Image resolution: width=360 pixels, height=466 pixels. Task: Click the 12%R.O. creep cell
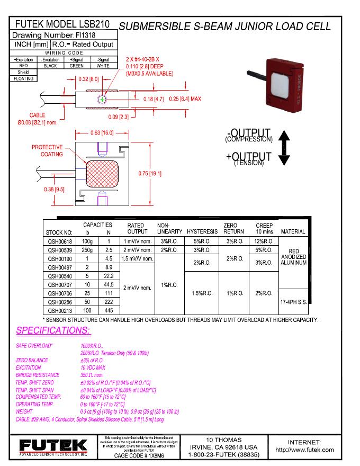(264, 241)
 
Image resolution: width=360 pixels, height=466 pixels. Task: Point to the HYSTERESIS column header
(202, 232)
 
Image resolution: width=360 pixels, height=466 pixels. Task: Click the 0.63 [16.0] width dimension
(101, 133)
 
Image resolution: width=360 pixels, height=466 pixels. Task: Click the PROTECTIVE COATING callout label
(47, 150)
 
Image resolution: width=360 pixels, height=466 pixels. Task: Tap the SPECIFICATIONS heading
(53, 330)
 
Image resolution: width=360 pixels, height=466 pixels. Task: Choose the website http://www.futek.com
(304, 450)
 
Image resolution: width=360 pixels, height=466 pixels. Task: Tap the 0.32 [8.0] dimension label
(88, 79)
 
